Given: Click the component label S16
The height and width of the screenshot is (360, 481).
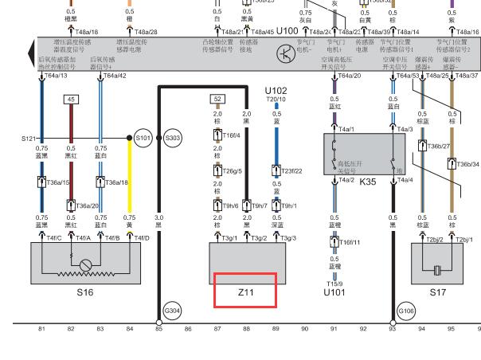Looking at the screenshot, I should click(x=85, y=292).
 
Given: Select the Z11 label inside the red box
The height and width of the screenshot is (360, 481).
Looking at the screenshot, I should click(x=245, y=292).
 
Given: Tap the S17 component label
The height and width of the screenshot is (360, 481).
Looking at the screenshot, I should click(x=438, y=292).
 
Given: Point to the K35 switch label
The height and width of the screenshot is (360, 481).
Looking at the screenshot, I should click(x=367, y=182).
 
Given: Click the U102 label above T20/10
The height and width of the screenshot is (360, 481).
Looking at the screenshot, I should click(x=276, y=91).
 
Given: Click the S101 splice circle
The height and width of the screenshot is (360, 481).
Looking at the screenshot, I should click(x=143, y=139).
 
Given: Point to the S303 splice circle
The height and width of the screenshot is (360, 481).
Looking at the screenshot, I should click(x=173, y=139).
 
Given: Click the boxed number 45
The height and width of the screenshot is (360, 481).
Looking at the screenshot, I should click(x=71, y=100).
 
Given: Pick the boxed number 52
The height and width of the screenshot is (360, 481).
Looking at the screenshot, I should click(x=217, y=100).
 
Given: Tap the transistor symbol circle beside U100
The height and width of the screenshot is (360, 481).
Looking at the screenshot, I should click(x=285, y=53).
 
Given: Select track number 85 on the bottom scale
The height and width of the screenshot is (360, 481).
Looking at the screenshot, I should click(x=158, y=328).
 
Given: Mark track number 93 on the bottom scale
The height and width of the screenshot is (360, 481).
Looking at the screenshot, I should click(x=392, y=328).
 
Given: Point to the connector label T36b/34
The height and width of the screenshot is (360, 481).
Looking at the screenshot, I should click(x=467, y=164).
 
